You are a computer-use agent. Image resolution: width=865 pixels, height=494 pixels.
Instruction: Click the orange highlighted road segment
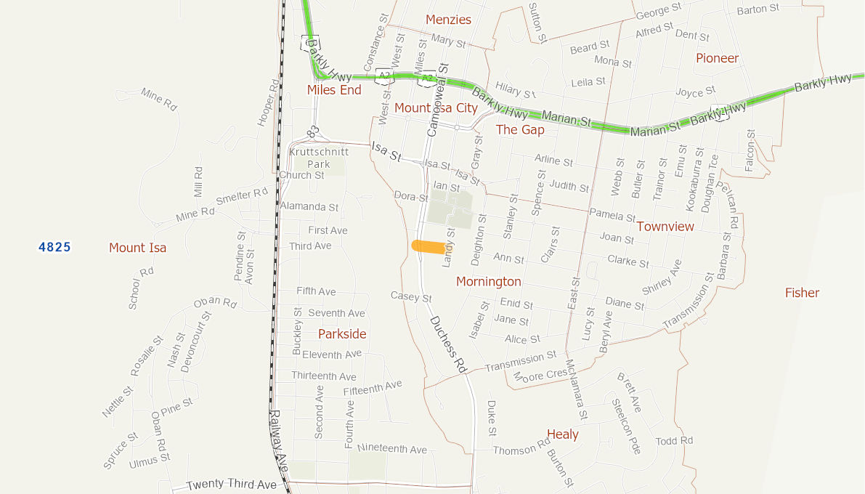click(x=429, y=246)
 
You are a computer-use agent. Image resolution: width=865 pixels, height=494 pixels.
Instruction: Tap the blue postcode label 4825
click(x=55, y=247)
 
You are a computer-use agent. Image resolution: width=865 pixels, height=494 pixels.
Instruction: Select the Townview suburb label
click(x=665, y=227)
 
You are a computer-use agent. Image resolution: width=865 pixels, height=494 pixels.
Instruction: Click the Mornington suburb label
click(x=489, y=281)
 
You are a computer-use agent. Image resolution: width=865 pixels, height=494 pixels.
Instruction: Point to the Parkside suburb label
click(x=342, y=334)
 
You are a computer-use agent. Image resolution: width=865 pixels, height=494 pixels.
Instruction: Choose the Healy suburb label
click(x=563, y=434)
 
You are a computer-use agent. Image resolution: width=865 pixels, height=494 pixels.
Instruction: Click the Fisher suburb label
click(x=802, y=293)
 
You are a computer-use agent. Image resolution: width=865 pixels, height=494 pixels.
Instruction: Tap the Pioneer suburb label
click(x=717, y=58)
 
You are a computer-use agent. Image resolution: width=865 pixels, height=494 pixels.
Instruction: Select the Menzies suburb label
click(x=448, y=20)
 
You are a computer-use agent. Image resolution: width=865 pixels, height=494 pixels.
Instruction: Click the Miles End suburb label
click(x=334, y=90)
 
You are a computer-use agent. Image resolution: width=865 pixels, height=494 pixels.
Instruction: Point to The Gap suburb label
click(x=520, y=129)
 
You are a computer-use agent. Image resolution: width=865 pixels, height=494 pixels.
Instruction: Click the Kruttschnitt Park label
click(x=319, y=158)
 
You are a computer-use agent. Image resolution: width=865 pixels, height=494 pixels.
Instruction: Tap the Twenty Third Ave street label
click(x=232, y=485)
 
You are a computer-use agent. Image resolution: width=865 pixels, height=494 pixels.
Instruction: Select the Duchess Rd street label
click(x=447, y=344)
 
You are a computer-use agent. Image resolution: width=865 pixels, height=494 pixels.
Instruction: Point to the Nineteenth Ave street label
click(x=392, y=449)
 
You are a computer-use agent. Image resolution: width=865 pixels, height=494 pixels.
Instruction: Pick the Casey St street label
click(x=411, y=297)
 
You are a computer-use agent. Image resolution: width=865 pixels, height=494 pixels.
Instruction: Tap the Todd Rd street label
click(x=674, y=441)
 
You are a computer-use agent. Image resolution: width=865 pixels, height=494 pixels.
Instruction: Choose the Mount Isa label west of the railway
click(x=138, y=248)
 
